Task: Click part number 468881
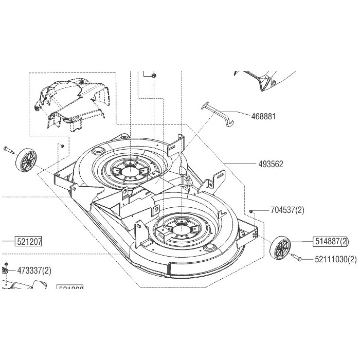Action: (264, 116)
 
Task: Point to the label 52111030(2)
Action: (335, 259)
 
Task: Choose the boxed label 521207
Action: (29, 241)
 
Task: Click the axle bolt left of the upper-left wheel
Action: (9, 150)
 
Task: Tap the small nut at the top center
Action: (154, 75)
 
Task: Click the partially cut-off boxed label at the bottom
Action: (70, 289)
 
